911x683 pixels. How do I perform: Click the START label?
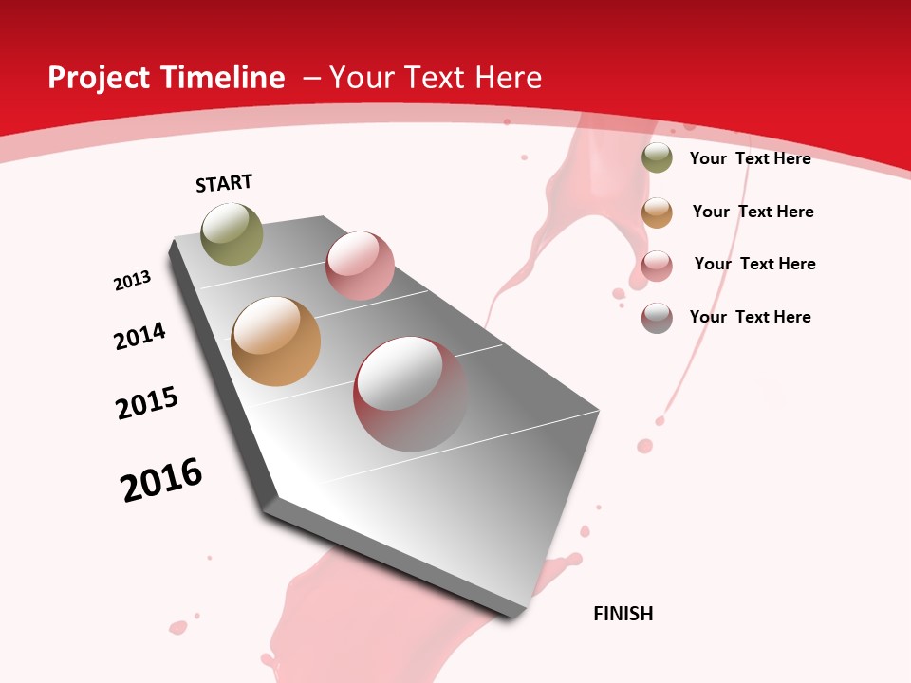coord(224,183)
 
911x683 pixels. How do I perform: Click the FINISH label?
coord(623,614)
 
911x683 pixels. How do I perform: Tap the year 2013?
coord(132,281)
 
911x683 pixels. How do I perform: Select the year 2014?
coord(139,336)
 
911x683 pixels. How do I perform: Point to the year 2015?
coord(147,403)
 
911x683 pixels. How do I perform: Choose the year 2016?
coord(161,480)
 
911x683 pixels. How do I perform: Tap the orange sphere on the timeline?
coord(275,341)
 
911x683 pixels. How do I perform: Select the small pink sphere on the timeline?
coord(360,265)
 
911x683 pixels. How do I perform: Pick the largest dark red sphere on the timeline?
coord(410,394)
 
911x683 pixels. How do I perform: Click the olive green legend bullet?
coord(657,158)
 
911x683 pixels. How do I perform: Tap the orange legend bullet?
coord(657,212)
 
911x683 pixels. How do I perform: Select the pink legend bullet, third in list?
coord(657,266)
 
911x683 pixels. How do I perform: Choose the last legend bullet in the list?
coord(657,318)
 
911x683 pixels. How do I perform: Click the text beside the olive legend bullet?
coord(750,158)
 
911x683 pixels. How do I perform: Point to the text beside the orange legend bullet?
coord(753,212)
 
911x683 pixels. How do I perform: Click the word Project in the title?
coord(98,78)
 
